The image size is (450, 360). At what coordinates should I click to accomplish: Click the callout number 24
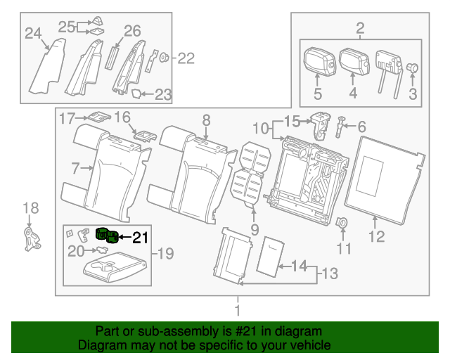[33, 33]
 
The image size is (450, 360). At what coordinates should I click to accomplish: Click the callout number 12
[377, 237]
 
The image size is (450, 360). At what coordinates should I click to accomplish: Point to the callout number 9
[254, 229]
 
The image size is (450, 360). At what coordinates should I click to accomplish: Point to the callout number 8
[206, 120]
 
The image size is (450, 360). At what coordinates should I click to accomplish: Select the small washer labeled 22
[164, 58]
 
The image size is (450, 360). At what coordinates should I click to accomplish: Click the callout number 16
[122, 116]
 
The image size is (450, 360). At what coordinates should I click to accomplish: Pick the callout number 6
[361, 127]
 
